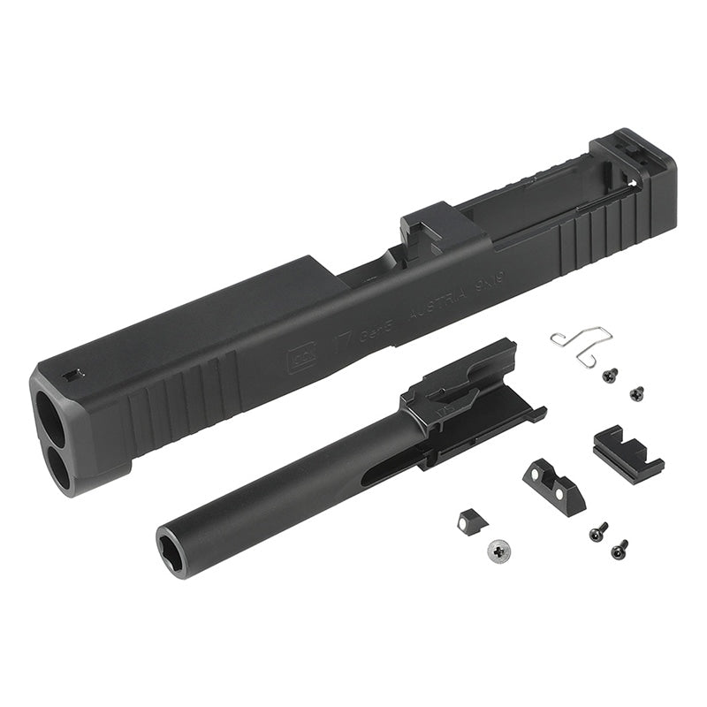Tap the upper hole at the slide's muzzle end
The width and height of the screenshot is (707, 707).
(49, 412)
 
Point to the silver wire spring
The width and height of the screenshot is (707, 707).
(579, 346)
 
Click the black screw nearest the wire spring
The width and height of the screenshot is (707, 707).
(608, 376)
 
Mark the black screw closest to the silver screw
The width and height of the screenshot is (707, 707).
(597, 535)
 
